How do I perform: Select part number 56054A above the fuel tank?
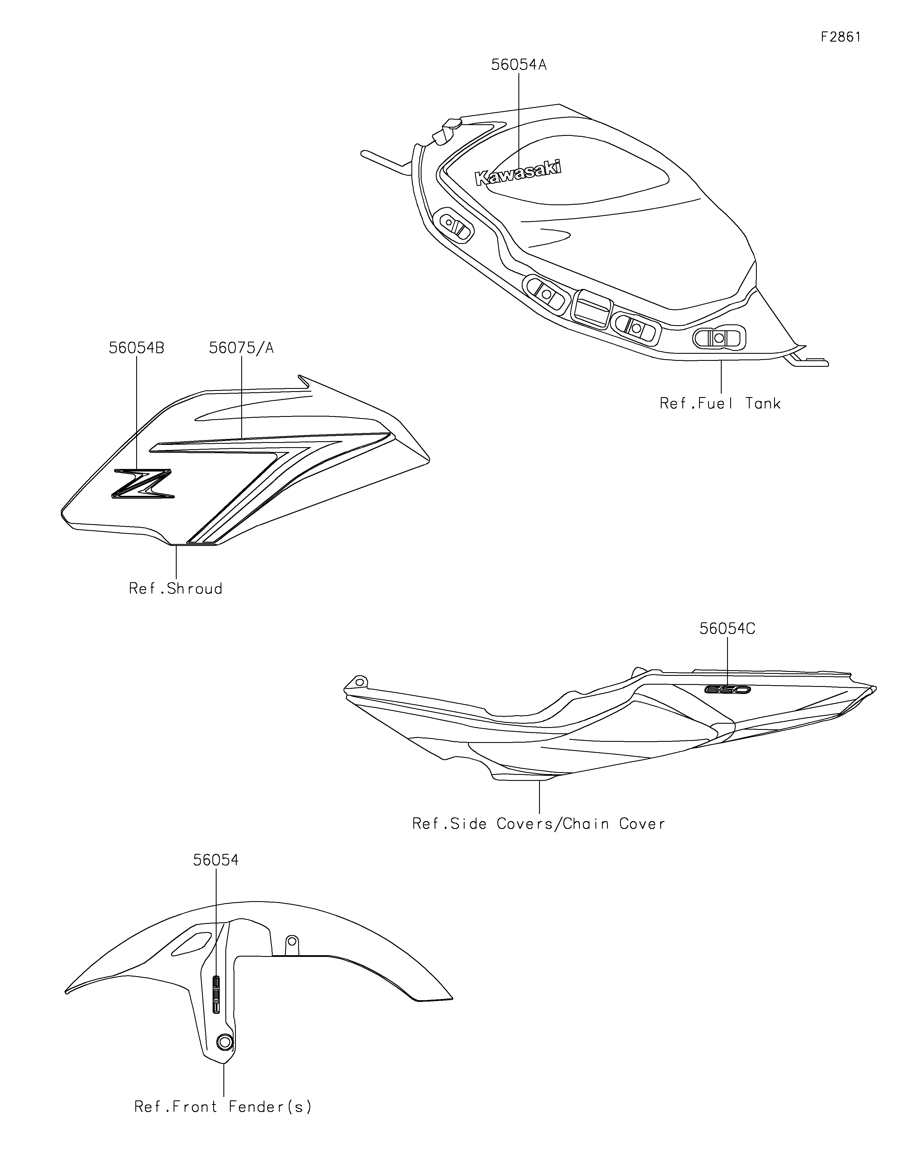pos(519,65)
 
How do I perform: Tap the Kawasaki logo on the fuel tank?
pos(518,173)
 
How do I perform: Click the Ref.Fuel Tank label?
pos(720,403)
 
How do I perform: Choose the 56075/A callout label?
pos(241,348)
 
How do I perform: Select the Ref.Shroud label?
pos(176,589)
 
